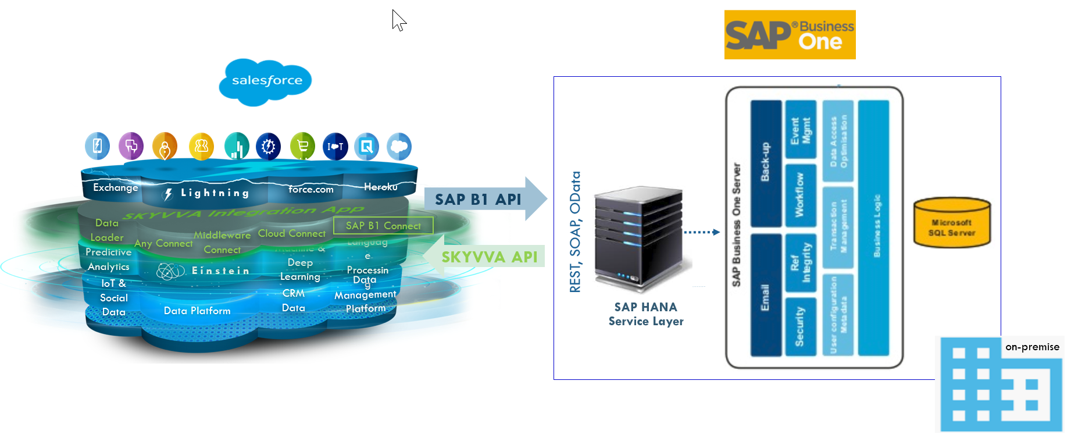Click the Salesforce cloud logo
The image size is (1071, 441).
pos(266,81)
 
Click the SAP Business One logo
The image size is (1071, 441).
pos(790,35)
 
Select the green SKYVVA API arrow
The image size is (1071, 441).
pos(485,257)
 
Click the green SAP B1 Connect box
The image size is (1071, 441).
pos(383,226)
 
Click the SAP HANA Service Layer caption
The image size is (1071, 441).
pos(646,314)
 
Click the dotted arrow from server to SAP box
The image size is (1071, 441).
pos(702,232)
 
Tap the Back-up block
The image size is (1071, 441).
pos(766,163)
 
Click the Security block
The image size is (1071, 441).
pos(799,326)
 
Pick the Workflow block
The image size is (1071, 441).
pos(799,195)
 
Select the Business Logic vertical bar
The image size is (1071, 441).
pos(874,227)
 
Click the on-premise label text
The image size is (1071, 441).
pos(1032,347)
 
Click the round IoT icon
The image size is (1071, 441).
pos(335,147)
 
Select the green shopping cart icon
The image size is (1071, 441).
pos(302,146)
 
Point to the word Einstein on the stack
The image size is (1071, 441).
pos(220,271)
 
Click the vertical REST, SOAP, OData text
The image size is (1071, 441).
pos(575,232)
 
